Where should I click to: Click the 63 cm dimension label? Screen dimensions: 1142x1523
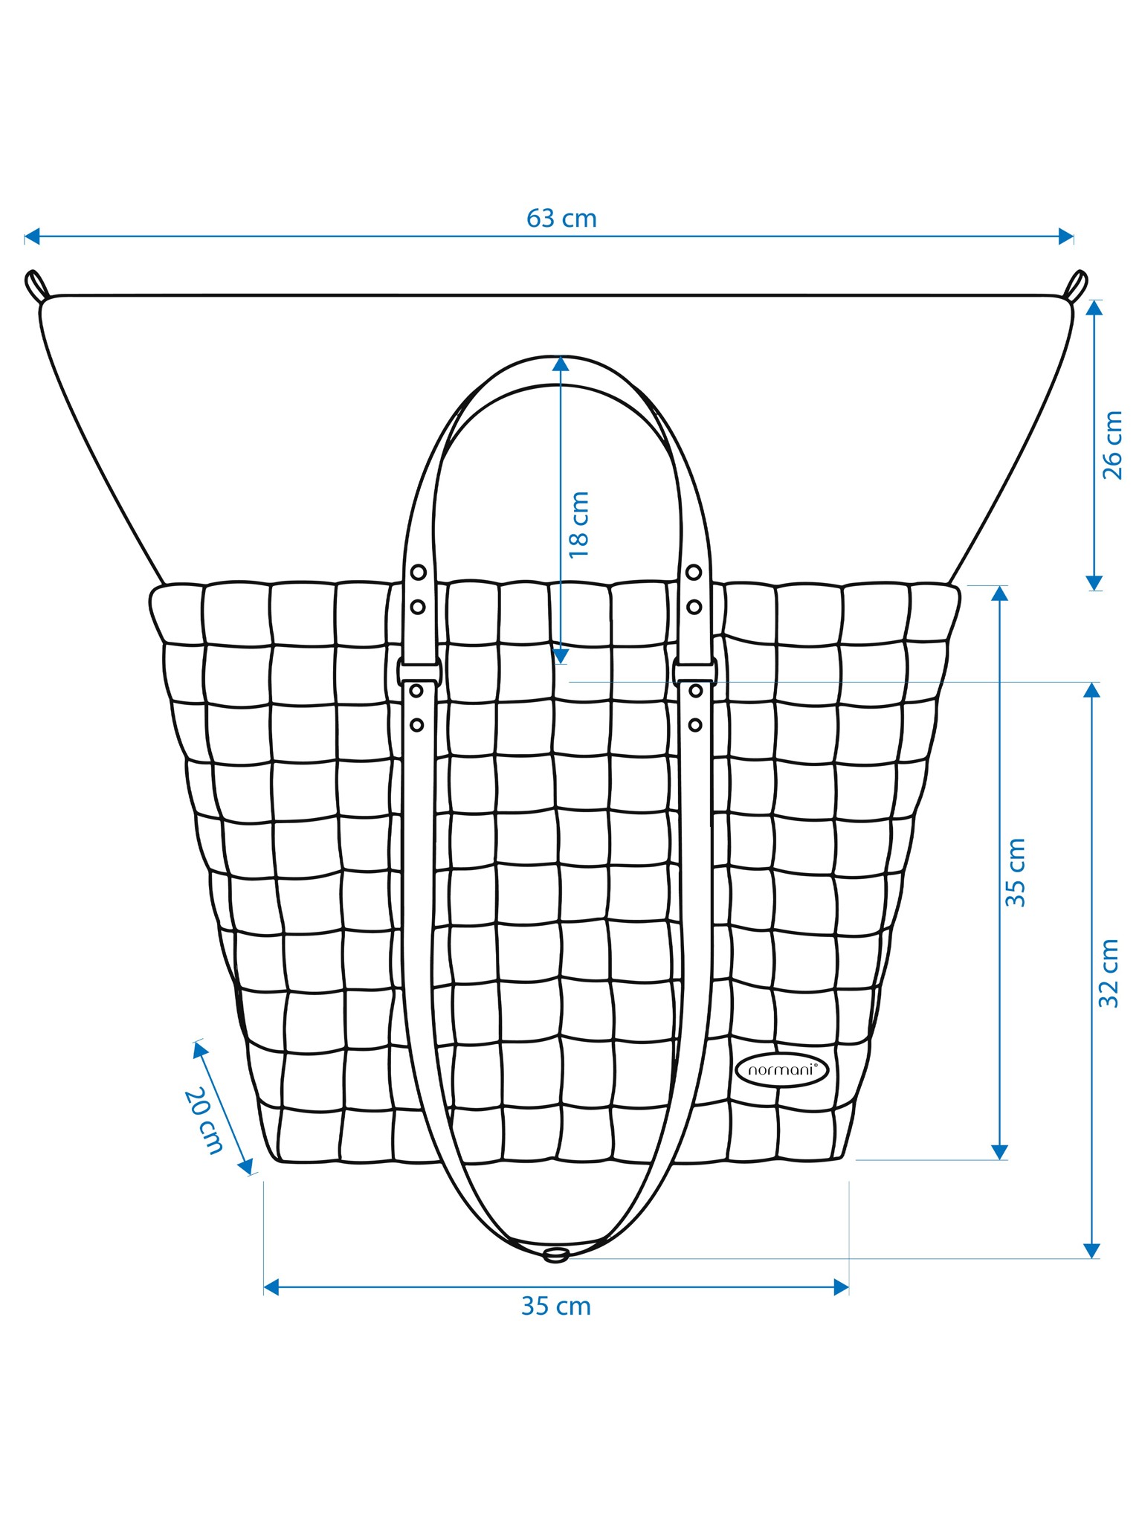click(561, 219)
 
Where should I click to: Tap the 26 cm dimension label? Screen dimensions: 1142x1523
click(1113, 445)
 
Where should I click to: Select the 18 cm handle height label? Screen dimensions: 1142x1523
click(578, 524)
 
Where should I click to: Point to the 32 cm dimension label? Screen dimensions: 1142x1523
click(1109, 973)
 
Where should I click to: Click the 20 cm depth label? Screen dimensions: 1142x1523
click(204, 1121)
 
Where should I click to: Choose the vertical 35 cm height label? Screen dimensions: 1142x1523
click(1016, 872)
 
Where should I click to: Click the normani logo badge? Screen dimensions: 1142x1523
click(782, 1070)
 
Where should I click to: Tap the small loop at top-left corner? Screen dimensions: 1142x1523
click(36, 286)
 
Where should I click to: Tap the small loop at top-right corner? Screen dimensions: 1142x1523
click(1076, 286)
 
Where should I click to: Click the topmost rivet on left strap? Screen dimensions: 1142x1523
click(419, 572)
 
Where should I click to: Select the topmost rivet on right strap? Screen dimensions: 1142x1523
click(694, 572)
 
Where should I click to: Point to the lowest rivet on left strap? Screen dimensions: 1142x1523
click(416, 724)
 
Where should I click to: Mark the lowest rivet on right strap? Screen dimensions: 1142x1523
click(695, 724)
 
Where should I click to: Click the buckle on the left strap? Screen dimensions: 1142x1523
click(419, 671)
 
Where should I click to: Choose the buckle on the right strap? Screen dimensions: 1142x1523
click(695, 671)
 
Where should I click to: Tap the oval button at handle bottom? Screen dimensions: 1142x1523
click(556, 1256)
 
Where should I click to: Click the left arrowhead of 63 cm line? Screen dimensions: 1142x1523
click(32, 236)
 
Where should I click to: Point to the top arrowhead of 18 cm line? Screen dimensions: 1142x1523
click(561, 364)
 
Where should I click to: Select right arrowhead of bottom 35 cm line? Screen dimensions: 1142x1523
click(841, 1287)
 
